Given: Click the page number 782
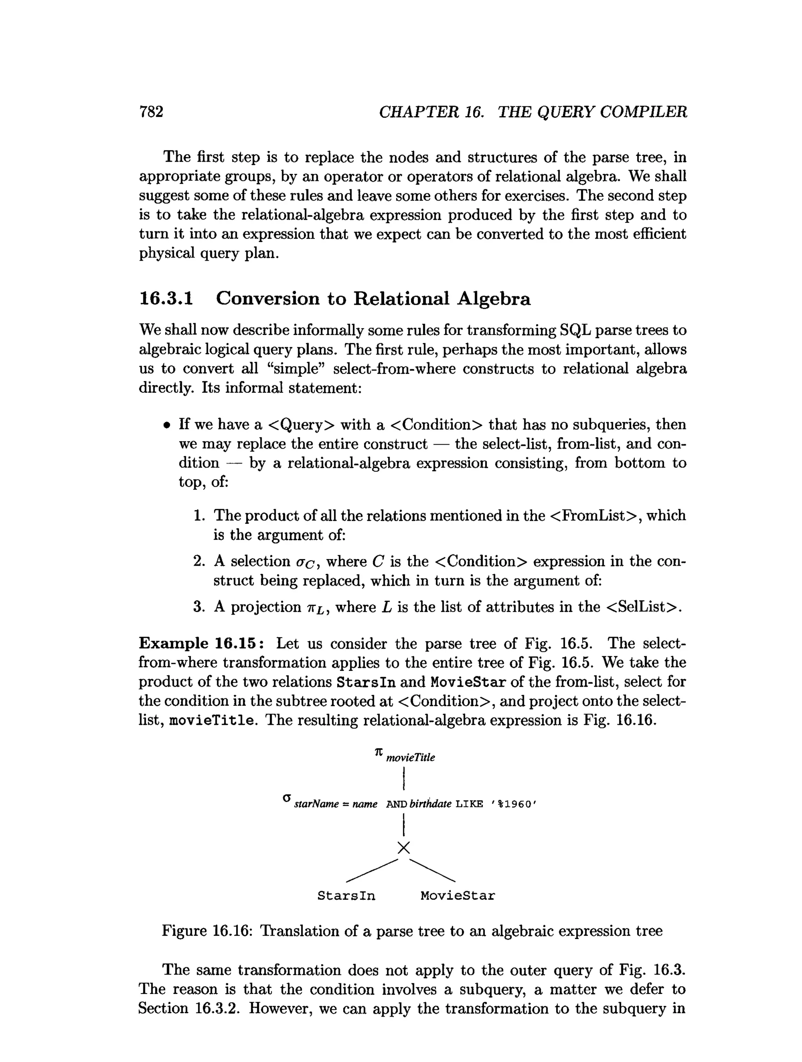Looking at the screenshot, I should [151, 112].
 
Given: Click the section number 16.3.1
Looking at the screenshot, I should [166, 299].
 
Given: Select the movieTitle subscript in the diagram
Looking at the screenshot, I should [411, 758].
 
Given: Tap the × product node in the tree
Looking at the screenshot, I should [404, 848].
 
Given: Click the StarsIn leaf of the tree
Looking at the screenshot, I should [346, 896].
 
